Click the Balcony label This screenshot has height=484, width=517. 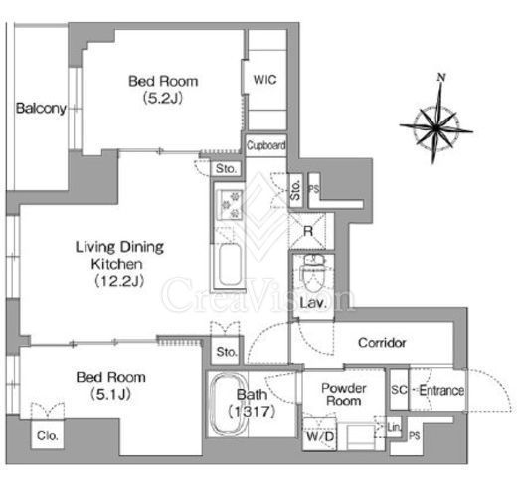click(41, 109)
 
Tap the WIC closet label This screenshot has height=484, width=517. click(264, 80)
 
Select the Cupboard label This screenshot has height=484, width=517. click(266, 145)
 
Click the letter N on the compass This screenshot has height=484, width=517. click(441, 77)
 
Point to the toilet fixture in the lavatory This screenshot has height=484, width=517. click(313, 273)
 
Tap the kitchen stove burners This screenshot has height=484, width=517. click(231, 205)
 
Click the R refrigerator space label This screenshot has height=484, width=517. click(308, 231)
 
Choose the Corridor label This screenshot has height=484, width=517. click(382, 343)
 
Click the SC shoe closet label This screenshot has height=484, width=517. click(399, 390)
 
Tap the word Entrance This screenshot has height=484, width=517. click(441, 390)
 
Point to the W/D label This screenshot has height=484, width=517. click(320, 436)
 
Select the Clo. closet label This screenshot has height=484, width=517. click(48, 435)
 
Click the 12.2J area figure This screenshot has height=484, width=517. click(119, 281)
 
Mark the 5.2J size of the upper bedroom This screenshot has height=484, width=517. click(163, 98)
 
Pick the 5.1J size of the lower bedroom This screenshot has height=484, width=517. click(110, 394)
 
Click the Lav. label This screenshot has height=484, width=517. click(313, 303)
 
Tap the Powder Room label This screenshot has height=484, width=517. click(344, 394)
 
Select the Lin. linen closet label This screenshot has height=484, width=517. click(394, 427)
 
